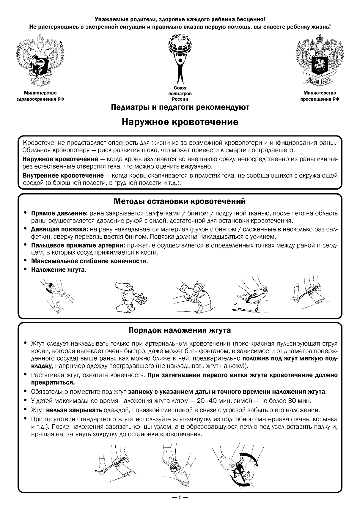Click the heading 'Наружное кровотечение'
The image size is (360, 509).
point(180,122)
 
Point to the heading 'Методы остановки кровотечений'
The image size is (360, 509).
point(180,201)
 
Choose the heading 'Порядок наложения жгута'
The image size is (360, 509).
point(180,330)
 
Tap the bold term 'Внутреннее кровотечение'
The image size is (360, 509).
point(63,176)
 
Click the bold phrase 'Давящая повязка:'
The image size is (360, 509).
point(59,229)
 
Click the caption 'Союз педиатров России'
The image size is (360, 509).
point(180,94)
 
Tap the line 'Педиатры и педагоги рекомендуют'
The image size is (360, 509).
point(180,107)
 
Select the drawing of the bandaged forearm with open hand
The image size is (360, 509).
point(130,297)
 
